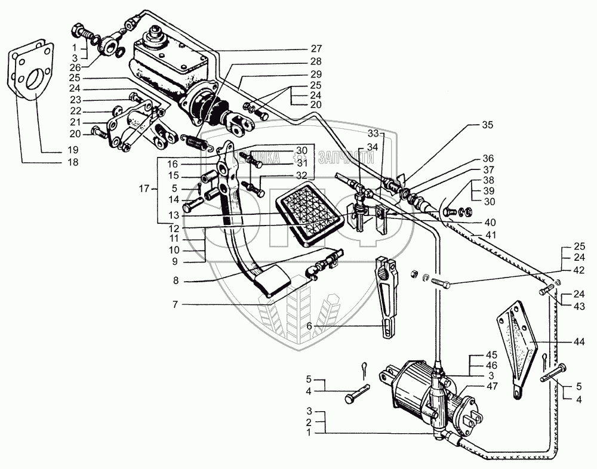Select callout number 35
(x=489, y=126)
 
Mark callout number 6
(x=309, y=326)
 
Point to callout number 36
(x=489, y=159)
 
